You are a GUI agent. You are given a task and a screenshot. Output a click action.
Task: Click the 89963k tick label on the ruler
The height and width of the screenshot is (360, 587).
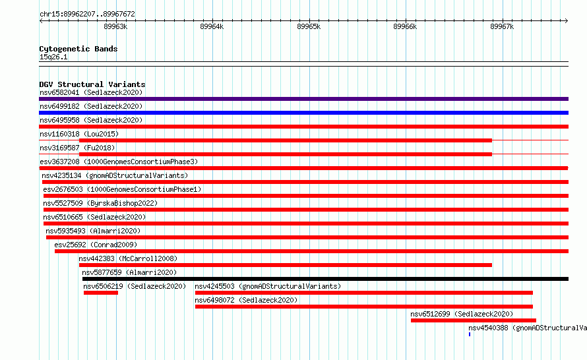(115, 26)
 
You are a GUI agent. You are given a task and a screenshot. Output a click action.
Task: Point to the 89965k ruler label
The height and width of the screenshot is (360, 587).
(309, 26)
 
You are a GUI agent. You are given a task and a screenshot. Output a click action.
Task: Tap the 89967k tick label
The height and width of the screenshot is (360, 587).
(502, 26)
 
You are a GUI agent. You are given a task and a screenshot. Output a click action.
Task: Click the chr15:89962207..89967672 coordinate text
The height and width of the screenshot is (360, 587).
(87, 14)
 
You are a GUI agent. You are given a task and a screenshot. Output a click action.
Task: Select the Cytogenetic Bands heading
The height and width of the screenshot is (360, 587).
(78, 49)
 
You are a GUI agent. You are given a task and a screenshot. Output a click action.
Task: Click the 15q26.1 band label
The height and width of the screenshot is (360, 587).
(53, 57)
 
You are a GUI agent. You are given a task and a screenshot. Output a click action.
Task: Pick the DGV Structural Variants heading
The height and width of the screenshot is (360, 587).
(92, 84)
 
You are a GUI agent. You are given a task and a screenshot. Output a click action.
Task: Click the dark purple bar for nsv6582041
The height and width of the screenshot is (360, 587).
(303, 99)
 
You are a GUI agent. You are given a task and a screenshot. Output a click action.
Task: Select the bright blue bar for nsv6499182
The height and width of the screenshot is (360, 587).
(303, 113)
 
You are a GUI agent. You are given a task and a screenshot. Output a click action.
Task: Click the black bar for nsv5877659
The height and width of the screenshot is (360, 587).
(325, 279)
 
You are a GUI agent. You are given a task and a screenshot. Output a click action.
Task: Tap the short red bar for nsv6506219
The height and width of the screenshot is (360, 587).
(101, 293)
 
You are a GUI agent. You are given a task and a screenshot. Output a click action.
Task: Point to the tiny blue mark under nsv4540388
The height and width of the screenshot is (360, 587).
(470, 334)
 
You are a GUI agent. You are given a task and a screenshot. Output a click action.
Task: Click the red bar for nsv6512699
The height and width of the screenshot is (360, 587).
(473, 320)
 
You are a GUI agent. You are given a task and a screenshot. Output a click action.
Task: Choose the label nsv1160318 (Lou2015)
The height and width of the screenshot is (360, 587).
(79, 134)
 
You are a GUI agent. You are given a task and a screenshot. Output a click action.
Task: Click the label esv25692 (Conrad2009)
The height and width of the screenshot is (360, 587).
(96, 245)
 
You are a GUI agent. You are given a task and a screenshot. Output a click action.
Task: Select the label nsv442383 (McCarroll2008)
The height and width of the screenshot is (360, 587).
(128, 258)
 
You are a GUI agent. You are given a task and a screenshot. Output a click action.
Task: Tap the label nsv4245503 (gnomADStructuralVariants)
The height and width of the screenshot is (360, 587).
(268, 286)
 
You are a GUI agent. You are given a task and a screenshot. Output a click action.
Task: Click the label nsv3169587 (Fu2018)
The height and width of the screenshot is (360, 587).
(77, 148)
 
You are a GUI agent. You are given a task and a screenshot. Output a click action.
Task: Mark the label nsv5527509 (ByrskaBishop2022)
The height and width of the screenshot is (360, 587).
(100, 203)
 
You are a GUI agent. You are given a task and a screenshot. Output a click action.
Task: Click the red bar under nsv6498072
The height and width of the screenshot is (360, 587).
(364, 307)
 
